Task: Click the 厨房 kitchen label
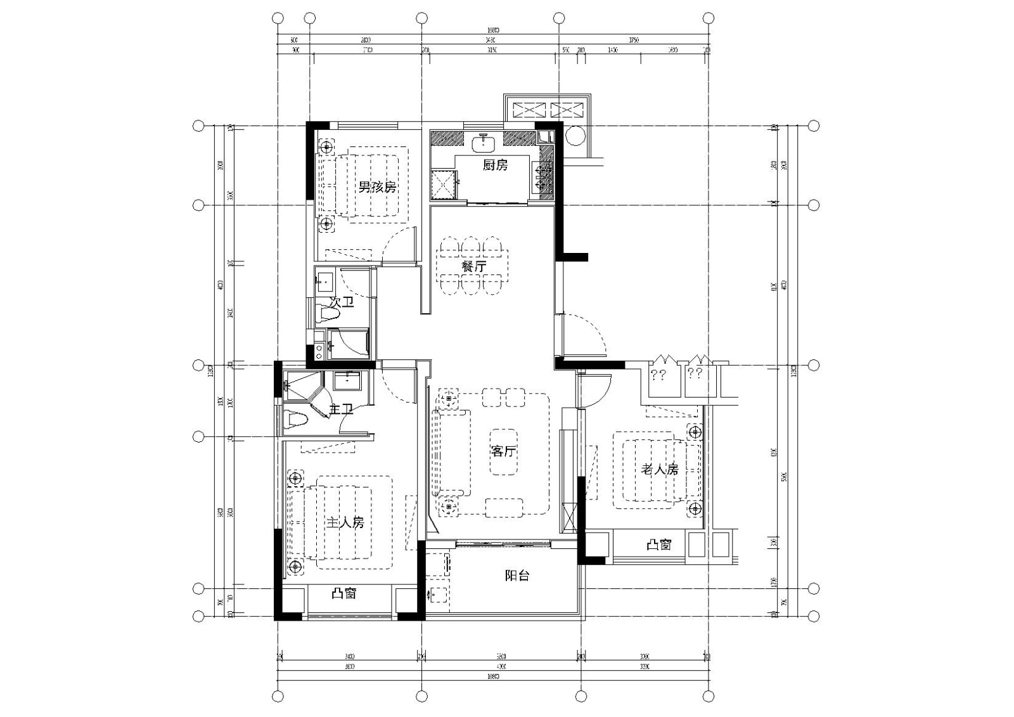point(495,165)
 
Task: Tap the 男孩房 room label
point(377,187)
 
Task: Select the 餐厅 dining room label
point(473,266)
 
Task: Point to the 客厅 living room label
point(503,451)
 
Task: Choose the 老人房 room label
point(660,469)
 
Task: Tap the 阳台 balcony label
point(517,576)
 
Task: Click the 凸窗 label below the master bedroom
point(344,593)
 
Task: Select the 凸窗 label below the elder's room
point(658,544)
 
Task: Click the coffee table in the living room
point(503,451)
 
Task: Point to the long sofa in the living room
point(451,453)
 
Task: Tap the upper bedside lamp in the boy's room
point(326,148)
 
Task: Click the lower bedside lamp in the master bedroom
point(294,566)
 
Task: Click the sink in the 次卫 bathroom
point(326,280)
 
